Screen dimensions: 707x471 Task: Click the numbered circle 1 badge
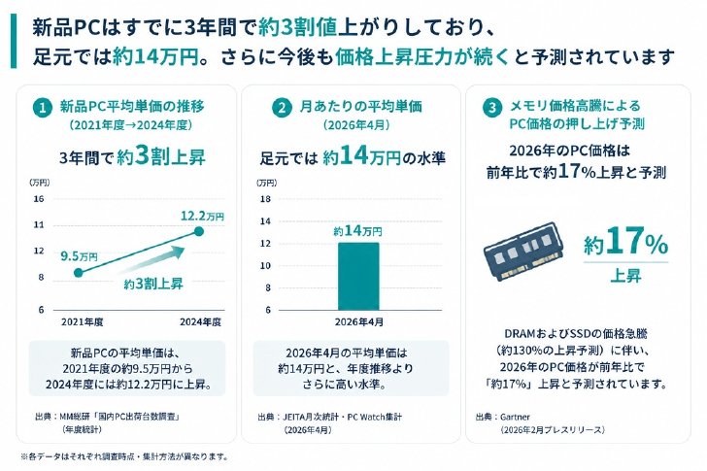pos(43,108)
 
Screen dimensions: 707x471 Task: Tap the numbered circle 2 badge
pos(283,108)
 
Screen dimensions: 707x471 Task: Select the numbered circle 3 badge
pos(492,108)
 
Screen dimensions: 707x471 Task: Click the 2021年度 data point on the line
pos(79,273)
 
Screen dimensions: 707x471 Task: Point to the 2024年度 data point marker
pos(199,232)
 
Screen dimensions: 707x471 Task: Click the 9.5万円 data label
pos(80,256)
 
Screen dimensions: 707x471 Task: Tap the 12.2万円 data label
pos(202,216)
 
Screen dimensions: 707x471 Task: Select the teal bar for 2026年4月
pos(358,277)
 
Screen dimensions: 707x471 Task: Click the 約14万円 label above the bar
pos(357,231)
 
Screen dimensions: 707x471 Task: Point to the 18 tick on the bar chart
pos(265,199)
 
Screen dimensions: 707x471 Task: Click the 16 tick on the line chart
pos(39,199)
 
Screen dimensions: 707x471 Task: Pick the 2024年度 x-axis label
pos(201,321)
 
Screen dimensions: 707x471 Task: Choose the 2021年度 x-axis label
pos(83,321)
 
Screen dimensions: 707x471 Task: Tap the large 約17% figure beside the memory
pos(625,242)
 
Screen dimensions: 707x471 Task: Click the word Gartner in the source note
pos(515,417)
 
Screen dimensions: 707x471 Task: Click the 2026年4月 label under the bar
pos(359,321)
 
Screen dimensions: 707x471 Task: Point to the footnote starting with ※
pos(124,456)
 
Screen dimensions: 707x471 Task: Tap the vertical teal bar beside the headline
pos(14,41)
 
